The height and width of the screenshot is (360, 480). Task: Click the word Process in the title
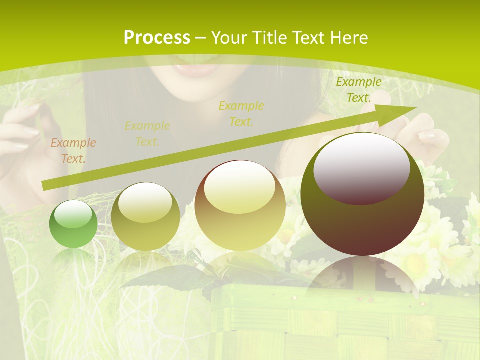tap(157, 38)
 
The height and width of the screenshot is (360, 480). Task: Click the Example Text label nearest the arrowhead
tap(358, 90)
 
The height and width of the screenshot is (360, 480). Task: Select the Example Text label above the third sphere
tap(241, 114)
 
